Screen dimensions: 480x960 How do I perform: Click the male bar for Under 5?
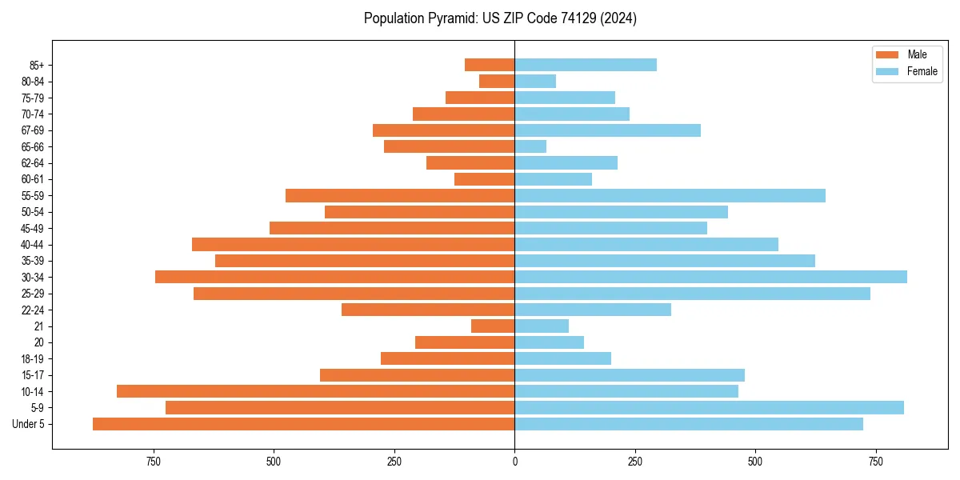tap(303, 424)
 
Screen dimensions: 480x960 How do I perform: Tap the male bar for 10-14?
tap(315, 391)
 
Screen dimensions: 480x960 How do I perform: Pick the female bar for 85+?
tap(586, 65)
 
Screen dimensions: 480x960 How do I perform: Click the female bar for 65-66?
tap(530, 146)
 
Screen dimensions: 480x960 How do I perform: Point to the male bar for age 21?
tap(493, 326)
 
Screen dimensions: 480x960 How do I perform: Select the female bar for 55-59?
tap(670, 195)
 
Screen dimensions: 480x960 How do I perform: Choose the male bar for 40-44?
tap(353, 244)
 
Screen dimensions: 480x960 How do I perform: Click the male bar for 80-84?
tap(497, 81)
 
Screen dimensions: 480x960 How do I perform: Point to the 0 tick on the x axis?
tap(514, 462)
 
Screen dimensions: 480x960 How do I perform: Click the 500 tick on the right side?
tap(755, 462)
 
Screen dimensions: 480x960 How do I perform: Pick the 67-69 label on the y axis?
tap(32, 130)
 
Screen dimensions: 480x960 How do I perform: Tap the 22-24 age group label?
tap(32, 310)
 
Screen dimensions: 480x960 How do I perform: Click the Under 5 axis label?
tap(28, 424)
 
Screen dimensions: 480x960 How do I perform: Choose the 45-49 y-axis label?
tap(32, 228)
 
